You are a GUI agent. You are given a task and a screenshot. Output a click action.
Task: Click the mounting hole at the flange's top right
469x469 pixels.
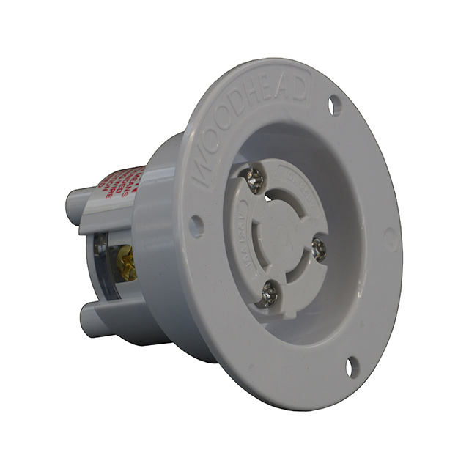click(x=334, y=106)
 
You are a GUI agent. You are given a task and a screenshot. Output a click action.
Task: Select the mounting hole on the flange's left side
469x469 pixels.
click(x=196, y=226)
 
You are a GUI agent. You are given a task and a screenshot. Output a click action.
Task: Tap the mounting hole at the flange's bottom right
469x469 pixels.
click(x=352, y=366)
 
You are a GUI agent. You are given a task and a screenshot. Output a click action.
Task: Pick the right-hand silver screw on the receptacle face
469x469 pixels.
click(x=319, y=250)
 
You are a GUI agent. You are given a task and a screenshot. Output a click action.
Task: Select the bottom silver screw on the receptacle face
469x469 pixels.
click(x=270, y=295)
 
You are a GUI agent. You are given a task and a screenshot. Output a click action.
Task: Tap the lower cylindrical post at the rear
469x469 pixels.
click(x=92, y=320)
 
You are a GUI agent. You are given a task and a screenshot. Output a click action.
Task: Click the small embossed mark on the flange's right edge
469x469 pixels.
click(x=391, y=238)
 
